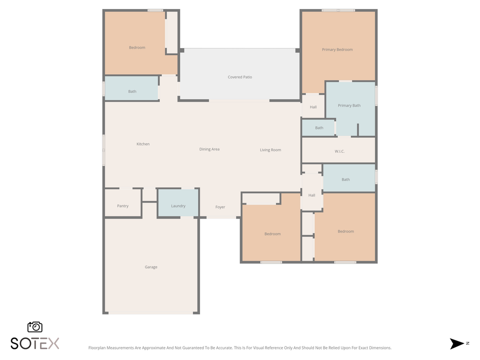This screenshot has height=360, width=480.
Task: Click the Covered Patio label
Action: click(239, 77)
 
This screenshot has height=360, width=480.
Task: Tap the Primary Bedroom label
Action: click(337, 49)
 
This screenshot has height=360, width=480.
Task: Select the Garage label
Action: click(151, 267)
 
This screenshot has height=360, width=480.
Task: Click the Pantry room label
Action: click(122, 206)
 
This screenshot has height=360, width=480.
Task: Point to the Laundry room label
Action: click(178, 206)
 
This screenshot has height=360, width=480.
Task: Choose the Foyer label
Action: click(220, 207)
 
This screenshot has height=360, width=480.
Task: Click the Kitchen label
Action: click(143, 144)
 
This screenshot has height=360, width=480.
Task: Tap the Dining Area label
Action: click(209, 149)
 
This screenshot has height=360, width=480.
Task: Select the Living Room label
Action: click(270, 150)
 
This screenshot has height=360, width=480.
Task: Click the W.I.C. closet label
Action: click(339, 151)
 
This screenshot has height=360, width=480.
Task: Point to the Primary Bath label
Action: click(349, 105)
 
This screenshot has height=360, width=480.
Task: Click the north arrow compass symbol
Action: click(457, 343)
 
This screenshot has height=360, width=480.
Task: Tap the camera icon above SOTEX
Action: click(35, 327)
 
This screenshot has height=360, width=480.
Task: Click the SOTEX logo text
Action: click(35, 343)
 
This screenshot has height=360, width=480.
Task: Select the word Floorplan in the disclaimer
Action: click(97, 347)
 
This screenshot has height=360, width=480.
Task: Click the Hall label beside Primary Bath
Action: click(313, 107)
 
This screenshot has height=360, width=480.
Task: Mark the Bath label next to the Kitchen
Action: click(132, 91)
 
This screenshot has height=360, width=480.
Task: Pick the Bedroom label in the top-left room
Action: click(137, 47)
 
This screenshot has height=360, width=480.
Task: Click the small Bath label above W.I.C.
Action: click(319, 128)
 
